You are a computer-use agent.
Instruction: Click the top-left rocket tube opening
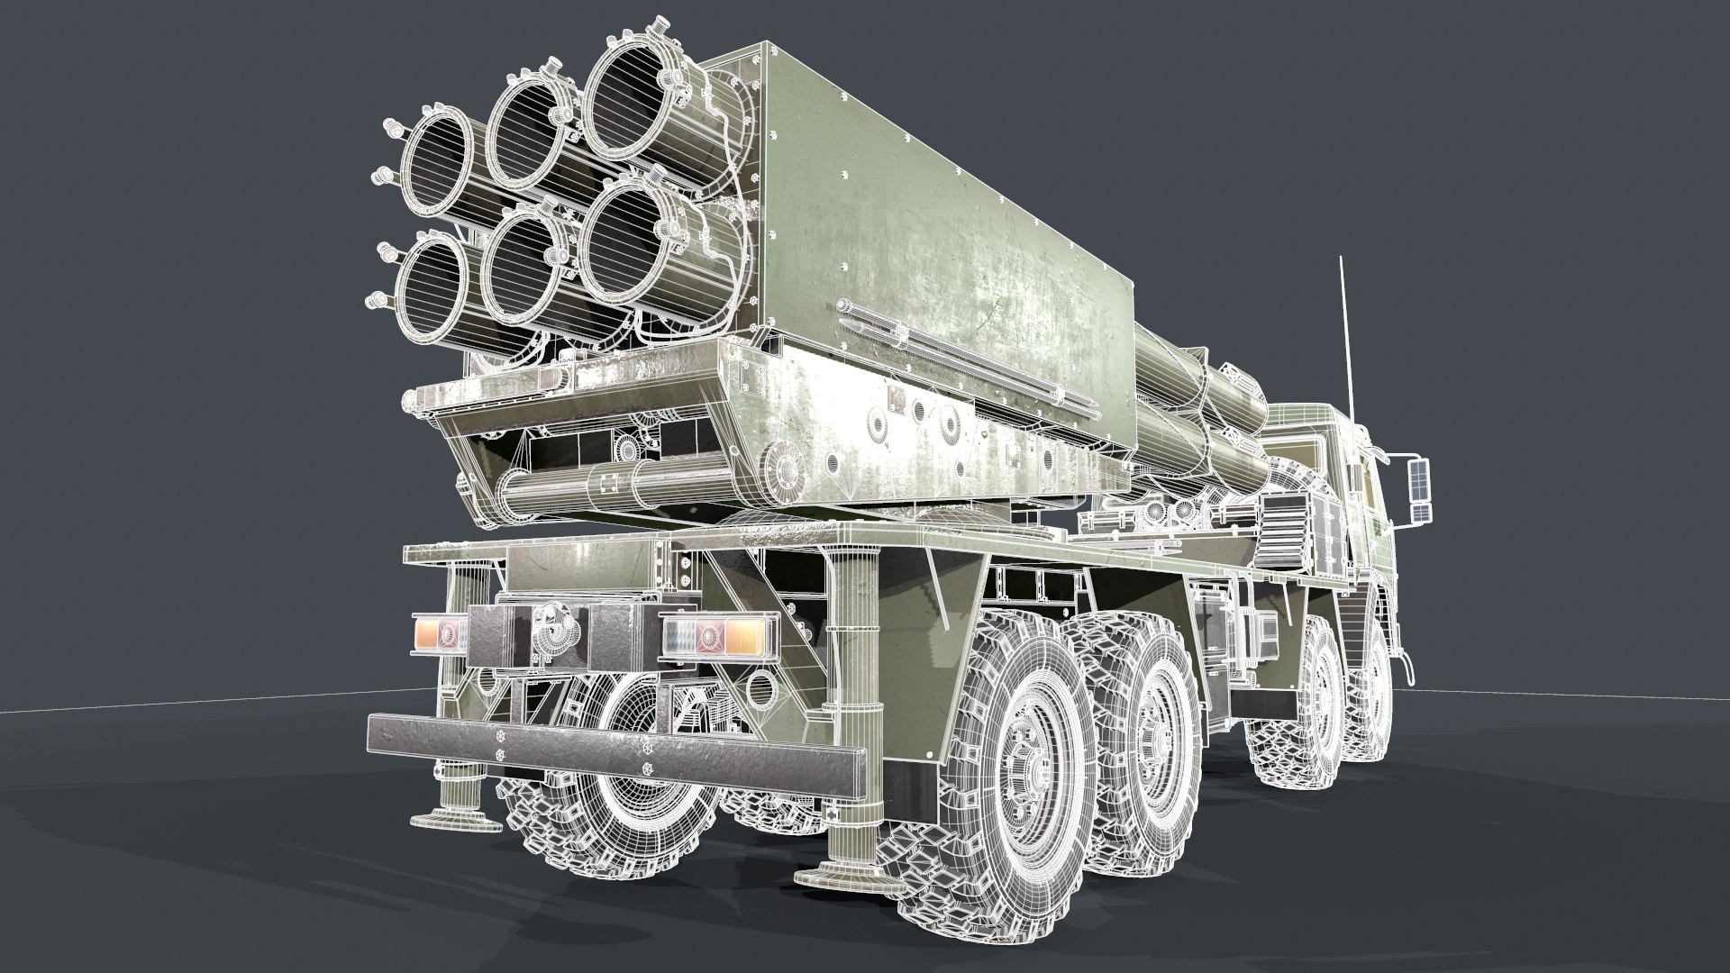[438, 160]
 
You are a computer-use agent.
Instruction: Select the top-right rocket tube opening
[628, 100]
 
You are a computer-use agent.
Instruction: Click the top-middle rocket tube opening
[532, 130]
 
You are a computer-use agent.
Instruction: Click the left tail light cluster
[440, 633]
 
